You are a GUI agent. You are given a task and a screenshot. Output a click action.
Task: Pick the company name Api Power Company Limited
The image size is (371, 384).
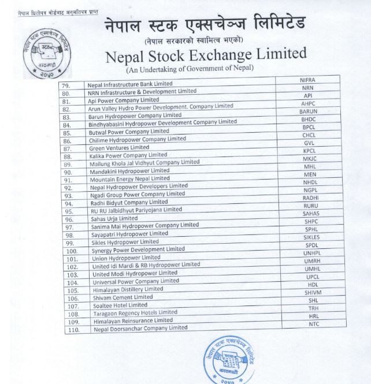coord(123,100)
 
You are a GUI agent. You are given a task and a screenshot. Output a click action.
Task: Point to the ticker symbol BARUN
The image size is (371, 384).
coord(309,111)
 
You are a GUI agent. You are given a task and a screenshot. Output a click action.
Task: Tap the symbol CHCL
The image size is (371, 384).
coord(309,136)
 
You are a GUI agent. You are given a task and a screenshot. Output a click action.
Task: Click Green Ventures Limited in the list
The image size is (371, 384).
coord(119,148)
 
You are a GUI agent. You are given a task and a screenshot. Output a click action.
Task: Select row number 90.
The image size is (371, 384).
coord(69,172)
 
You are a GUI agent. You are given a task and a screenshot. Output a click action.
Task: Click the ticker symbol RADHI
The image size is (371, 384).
coord(311,197)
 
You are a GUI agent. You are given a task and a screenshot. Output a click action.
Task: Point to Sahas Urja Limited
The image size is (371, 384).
coord(113,219)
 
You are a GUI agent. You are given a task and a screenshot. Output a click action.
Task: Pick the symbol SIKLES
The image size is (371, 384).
coord(311,237)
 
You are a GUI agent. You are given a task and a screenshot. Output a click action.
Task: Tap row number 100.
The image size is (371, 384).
coord(72,251)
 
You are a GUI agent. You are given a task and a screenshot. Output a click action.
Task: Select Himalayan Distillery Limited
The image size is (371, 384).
coord(126,289)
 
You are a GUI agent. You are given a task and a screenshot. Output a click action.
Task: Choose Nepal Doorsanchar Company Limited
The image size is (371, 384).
coord(141,328)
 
